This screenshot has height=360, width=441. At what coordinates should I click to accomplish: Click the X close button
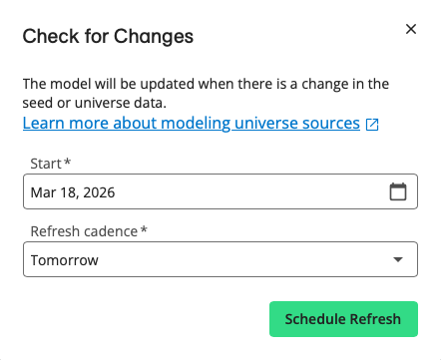[x=410, y=29]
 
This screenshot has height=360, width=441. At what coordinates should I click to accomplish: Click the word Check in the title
[x=48, y=37]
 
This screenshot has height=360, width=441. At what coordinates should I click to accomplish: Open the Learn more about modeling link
[x=191, y=124]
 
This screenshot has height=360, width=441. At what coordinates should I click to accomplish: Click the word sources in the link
[x=330, y=124]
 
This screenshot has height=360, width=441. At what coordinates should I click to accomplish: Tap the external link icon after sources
[x=372, y=125]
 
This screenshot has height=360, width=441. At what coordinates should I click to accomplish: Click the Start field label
[x=42, y=163]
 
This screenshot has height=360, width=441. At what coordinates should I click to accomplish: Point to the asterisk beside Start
[x=67, y=162]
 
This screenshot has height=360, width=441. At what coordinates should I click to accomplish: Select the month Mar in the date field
[x=44, y=192]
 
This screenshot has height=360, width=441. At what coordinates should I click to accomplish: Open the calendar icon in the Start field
[x=397, y=192]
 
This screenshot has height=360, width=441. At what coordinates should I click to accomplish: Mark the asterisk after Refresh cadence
[x=144, y=230]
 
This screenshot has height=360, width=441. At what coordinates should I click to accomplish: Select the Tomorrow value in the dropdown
[x=65, y=261]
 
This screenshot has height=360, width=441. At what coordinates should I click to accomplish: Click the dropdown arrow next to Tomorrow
[x=398, y=261]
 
